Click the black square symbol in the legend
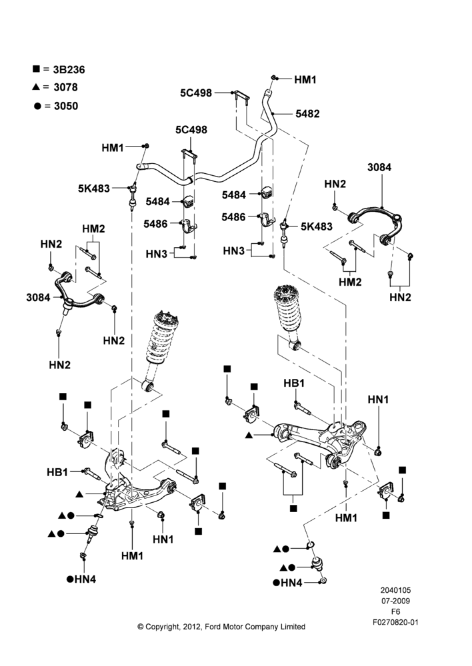coord(36,69)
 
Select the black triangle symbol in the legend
coord(36,87)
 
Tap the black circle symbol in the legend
coord(37,106)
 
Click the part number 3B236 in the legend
coord(69,70)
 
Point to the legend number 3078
coord(65,87)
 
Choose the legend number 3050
coord(66,106)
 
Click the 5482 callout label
coord(307,113)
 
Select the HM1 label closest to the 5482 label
coord(305,79)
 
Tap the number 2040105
coord(395,590)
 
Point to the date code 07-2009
coord(395,601)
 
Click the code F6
coord(395,611)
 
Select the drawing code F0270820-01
coord(395,622)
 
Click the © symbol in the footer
coord(140,627)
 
